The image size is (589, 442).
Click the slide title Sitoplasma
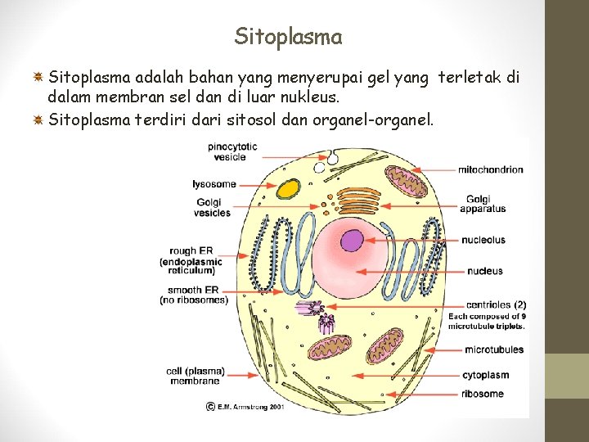288,37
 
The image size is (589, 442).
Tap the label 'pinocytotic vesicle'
232,151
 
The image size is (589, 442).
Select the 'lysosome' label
214,184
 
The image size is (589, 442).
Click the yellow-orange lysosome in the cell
289,189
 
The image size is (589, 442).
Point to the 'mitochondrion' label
490,169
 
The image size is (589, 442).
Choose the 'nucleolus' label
483,240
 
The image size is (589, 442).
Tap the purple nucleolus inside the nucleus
352,240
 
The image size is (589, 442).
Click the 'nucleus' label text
484,271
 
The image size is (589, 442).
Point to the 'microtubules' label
493,350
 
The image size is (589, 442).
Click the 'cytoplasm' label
486,376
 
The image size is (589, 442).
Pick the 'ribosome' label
483,394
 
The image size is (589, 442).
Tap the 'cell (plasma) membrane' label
195,376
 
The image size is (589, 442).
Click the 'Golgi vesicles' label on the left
212,208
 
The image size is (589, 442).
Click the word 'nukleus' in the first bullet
311,99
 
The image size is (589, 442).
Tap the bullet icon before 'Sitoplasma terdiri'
38,121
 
